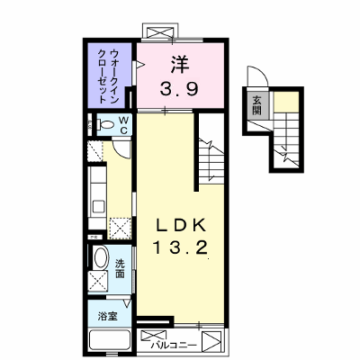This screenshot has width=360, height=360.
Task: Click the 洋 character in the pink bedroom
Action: click(180, 66)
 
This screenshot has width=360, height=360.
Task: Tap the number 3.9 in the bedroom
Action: click(179, 89)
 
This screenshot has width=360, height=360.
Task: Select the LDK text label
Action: click(180, 226)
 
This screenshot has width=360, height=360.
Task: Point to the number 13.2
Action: click(180, 248)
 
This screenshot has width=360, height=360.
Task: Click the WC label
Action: click(123, 125)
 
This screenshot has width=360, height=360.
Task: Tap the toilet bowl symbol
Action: click(104, 124)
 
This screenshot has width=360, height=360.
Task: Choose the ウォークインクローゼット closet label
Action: click(110, 76)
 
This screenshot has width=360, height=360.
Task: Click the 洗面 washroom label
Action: click(120, 268)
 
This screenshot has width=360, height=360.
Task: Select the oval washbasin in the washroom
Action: click(101, 257)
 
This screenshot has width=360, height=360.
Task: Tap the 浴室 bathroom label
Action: click(107, 316)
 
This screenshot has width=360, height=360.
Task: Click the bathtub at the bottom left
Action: click(110, 342)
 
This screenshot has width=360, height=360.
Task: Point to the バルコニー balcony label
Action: click(174, 346)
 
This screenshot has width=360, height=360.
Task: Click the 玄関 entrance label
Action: click(256, 105)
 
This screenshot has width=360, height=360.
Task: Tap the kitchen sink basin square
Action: click(99, 207)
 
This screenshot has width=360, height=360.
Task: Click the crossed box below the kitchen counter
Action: click(120, 229)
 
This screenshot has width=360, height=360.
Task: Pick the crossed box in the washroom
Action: click(97, 282)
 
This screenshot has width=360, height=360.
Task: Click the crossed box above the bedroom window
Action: click(158, 31)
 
